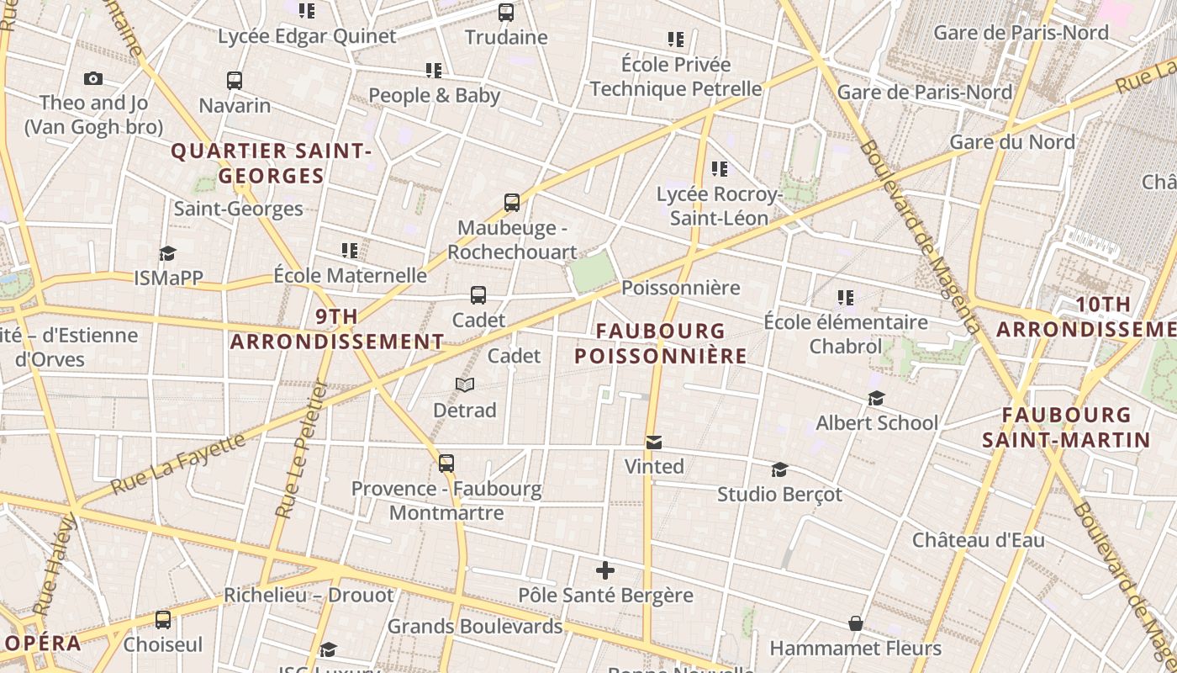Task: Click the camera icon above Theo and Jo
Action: [93, 79]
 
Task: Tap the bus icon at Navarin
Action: [235, 81]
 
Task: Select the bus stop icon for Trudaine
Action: [506, 13]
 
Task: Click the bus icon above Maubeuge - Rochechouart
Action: [512, 203]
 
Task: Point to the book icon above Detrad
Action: [465, 385]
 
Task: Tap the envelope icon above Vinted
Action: [654, 442]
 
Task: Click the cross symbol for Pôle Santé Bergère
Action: [605, 571]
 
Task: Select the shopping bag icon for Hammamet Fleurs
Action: [855, 624]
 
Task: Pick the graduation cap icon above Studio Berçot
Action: [779, 469]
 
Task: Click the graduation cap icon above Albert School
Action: [877, 398]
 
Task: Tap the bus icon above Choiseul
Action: [163, 620]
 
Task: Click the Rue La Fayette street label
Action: [177, 463]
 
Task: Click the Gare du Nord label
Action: [1012, 141]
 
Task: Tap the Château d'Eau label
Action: [979, 539]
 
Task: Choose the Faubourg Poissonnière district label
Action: [661, 343]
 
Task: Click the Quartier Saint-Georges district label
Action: [271, 163]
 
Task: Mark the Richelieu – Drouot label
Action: [309, 596]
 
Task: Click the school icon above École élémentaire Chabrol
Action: [846, 297]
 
